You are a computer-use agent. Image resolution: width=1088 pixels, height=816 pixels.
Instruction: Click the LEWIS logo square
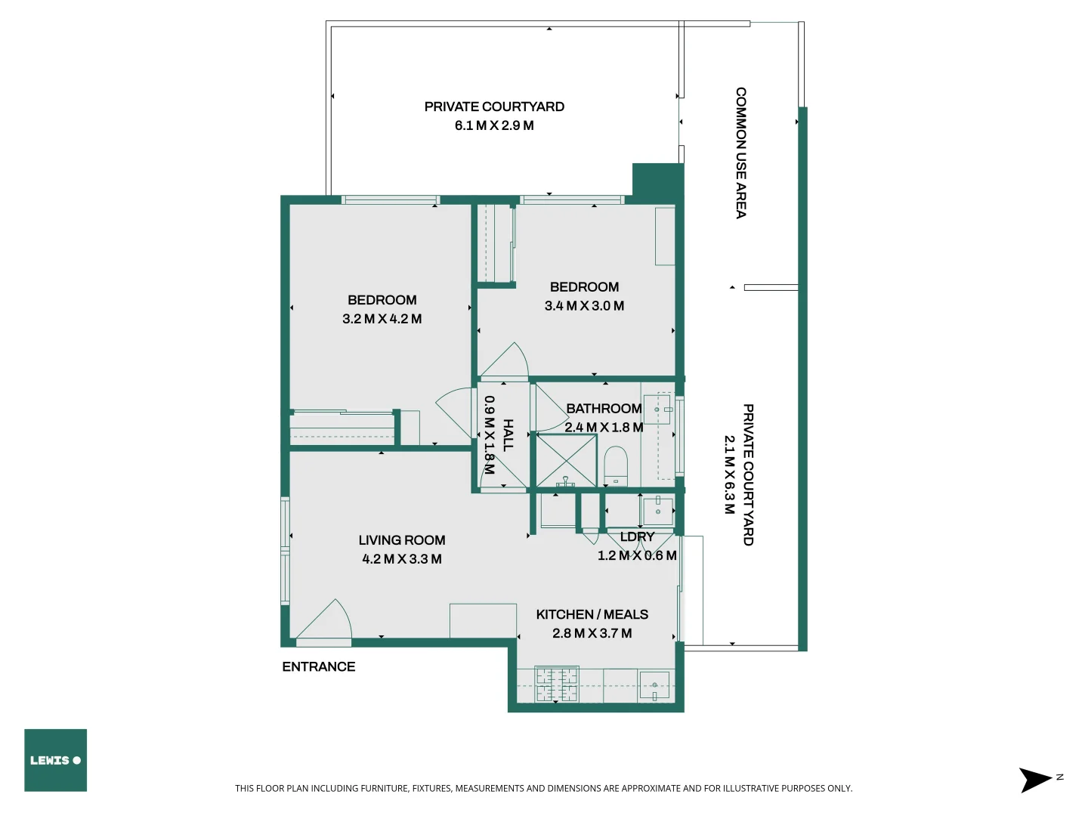point(55,760)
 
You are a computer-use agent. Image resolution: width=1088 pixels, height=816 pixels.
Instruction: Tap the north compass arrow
point(1035,780)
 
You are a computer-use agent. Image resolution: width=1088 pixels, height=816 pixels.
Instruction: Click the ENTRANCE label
point(318,666)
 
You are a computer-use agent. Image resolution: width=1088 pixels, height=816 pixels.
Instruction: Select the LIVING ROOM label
point(401,540)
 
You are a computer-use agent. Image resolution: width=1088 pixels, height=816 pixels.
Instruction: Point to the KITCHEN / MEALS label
point(592,614)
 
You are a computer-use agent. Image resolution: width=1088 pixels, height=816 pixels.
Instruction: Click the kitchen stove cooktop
point(556,685)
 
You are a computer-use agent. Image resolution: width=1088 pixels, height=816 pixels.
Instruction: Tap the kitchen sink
point(654,685)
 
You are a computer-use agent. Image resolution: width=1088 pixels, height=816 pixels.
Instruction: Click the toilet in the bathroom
point(616,465)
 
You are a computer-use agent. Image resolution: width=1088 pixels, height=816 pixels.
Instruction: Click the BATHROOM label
point(604,409)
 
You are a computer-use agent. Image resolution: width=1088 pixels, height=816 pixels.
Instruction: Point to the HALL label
point(508,435)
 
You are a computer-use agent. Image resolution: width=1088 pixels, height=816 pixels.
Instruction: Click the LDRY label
point(637,536)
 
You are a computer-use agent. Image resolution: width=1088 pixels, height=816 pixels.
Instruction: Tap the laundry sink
point(657,510)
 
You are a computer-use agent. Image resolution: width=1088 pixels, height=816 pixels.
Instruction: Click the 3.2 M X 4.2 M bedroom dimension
point(382,319)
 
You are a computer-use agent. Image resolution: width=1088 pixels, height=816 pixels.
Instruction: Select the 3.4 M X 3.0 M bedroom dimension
point(584,306)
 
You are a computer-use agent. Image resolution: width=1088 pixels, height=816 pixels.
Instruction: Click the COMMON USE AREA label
point(741,153)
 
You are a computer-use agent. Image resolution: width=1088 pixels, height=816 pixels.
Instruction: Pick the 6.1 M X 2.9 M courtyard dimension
point(494,125)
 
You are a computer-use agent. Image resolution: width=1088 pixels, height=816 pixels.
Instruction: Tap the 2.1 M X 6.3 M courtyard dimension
point(729,474)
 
